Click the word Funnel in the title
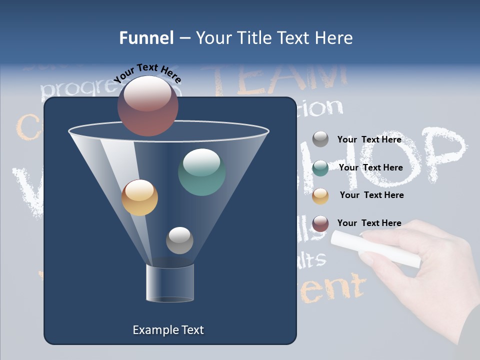(x=146, y=38)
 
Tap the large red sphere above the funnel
(x=148, y=105)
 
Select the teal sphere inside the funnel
(x=202, y=172)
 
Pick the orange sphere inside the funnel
(x=139, y=197)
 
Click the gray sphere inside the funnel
(x=179, y=240)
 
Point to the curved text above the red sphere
(x=147, y=72)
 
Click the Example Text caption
(x=168, y=330)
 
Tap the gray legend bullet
(x=320, y=139)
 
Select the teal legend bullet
(x=320, y=168)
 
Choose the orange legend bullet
(x=320, y=196)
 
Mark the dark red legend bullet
(x=320, y=223)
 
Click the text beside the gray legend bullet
(x=369, y=139)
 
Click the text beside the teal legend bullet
(x=370, y=167)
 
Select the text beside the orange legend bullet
(x=371, y=195)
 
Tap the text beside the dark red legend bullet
(x=369, y=223)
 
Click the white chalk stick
(x=375, y=248)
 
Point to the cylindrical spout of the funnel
(x=170, y=283)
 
